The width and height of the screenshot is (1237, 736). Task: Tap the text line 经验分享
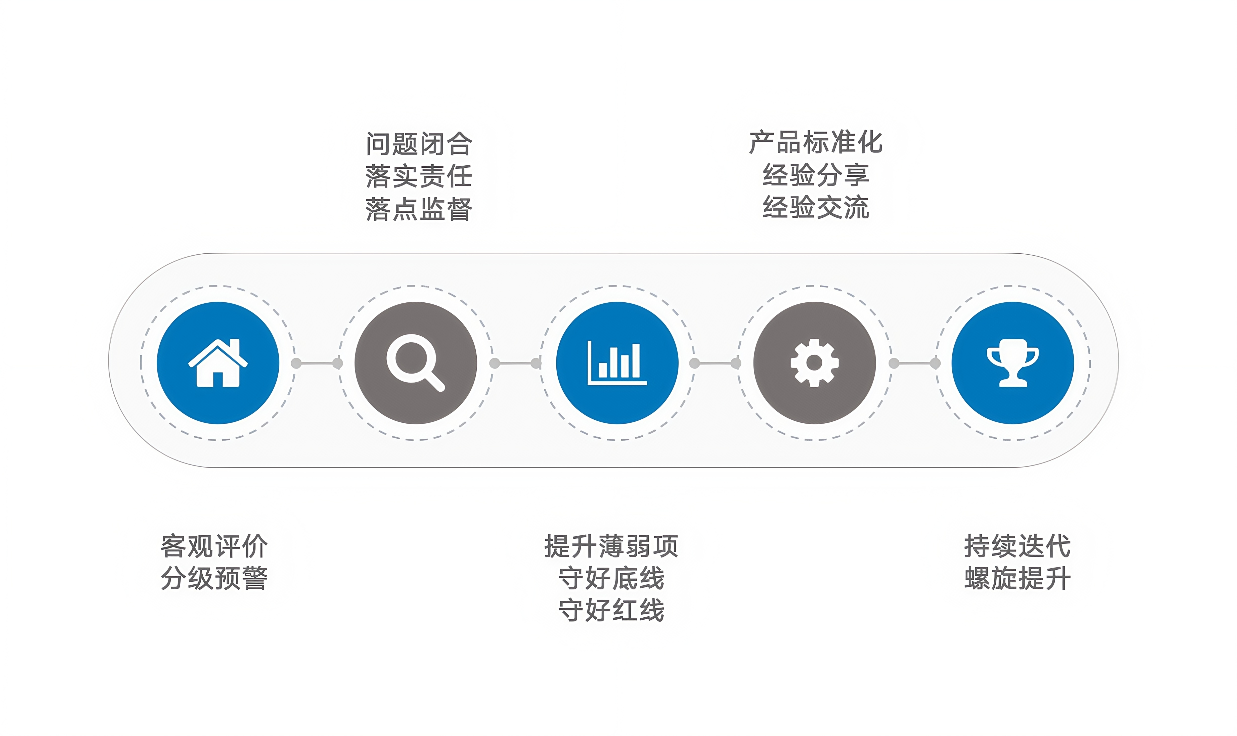click(815, 175)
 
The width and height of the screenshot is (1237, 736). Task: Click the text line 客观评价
click(214, 546)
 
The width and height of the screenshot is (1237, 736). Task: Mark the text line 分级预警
click(214, 578)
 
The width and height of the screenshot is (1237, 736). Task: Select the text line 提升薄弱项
click(611, 546)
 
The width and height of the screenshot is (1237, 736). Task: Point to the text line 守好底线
click(611, 578)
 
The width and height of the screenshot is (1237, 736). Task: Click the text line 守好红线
click(611, 610)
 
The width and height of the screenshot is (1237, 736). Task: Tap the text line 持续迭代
click(1017, 546)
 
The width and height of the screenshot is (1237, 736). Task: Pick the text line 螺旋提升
click(1017, 578)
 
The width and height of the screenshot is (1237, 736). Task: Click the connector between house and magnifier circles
click(317, 363)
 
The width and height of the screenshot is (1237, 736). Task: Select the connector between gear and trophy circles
click(914, 363)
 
